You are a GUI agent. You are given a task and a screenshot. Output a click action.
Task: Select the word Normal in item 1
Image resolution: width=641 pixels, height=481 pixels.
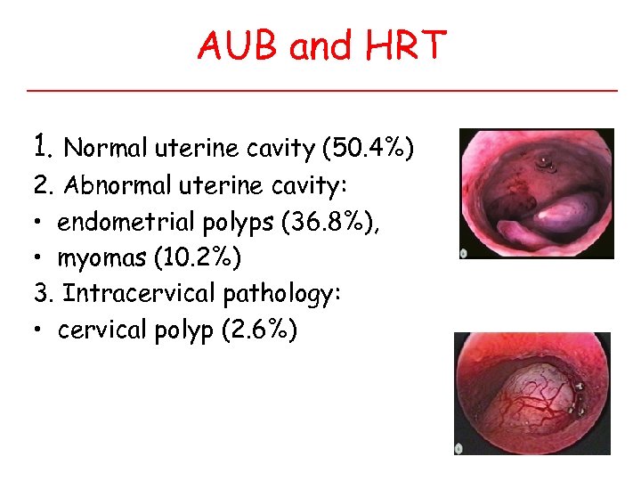pos(107,147)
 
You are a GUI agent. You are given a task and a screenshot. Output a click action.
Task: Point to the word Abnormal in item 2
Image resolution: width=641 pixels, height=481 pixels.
pos(113,187)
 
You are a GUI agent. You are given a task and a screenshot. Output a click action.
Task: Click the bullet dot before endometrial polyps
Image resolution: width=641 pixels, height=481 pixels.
pos(40,224)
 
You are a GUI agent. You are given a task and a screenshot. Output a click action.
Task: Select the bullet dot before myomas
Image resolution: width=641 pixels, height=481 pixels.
pos(40,259)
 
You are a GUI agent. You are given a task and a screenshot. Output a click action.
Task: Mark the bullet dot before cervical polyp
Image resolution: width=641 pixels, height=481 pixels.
pos(40,330)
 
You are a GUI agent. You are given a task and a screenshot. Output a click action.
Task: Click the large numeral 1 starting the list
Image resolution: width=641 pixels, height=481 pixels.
pos(38,144)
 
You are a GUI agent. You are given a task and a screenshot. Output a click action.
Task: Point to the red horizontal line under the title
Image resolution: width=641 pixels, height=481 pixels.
pos(321,91)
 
